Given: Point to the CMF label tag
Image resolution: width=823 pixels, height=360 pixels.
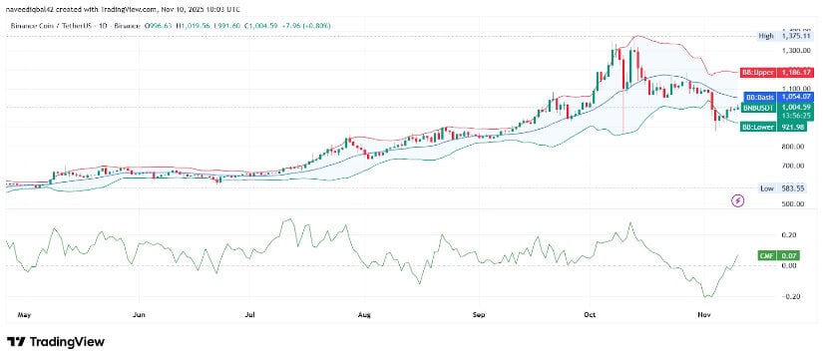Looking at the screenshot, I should [765, 256].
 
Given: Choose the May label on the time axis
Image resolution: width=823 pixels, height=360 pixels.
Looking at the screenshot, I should [24, 313].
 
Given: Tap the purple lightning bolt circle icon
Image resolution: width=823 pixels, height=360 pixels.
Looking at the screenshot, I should [737, 200].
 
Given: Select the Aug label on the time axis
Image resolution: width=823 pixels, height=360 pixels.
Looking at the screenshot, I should [364, 313].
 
